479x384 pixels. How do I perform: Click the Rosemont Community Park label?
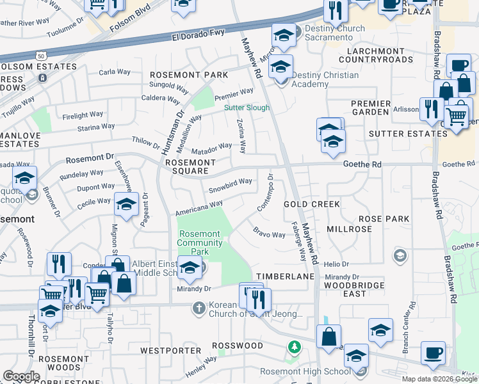point(200,243)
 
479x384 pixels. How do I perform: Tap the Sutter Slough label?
point(247,108)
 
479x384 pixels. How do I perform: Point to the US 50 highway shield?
point(41,57)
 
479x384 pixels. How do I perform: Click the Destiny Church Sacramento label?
point(325,33)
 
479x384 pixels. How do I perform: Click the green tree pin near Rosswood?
point(294,347)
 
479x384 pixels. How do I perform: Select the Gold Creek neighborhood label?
point(311,204)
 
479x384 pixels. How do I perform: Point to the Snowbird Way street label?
point(230,186)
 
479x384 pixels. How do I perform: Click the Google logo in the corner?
point(21,376)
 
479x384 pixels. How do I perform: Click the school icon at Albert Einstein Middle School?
point(190,269)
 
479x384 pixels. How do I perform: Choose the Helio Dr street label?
point(336,264)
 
